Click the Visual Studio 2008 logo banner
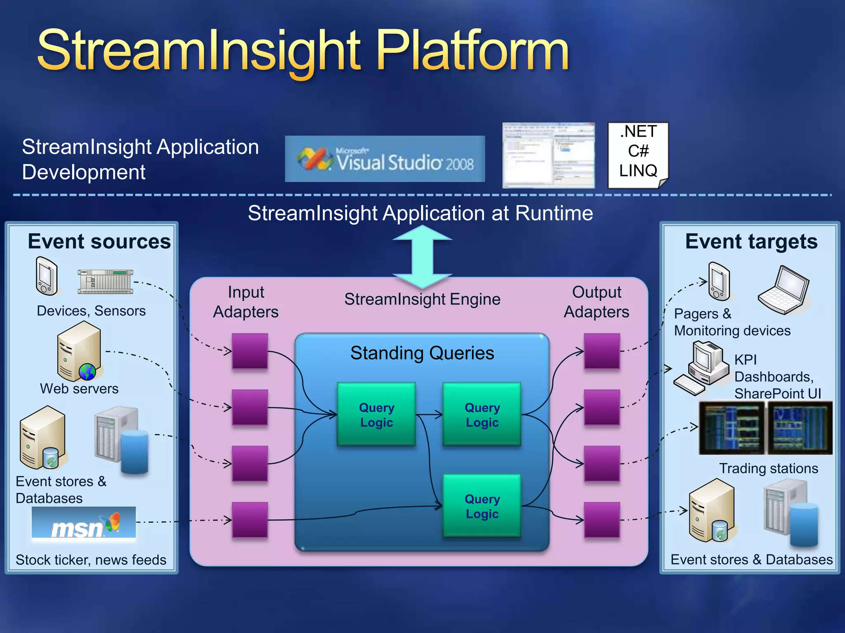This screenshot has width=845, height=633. point(385,159)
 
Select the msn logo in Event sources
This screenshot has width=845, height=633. point(83,523)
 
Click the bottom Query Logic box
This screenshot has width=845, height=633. point(482,506)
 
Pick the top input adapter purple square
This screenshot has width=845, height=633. point(250,351)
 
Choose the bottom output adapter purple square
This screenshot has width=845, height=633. point(602,520)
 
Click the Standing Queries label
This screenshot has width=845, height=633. point(422,353)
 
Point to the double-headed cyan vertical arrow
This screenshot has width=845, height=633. point(422,256)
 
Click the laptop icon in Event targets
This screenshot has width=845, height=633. point(784,290)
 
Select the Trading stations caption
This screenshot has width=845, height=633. point(768,469)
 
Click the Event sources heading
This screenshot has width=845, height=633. point(99,241)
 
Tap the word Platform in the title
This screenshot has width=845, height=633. point(472,51)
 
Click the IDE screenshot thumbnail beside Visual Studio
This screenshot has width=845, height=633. point(548,155)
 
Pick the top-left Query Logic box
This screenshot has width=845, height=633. point(376,415)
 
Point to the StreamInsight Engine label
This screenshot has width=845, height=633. point(422,299)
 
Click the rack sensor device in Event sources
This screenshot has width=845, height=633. point(106,281)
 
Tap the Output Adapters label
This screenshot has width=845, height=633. point(596,302)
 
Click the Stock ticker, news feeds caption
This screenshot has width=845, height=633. point(91,560)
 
